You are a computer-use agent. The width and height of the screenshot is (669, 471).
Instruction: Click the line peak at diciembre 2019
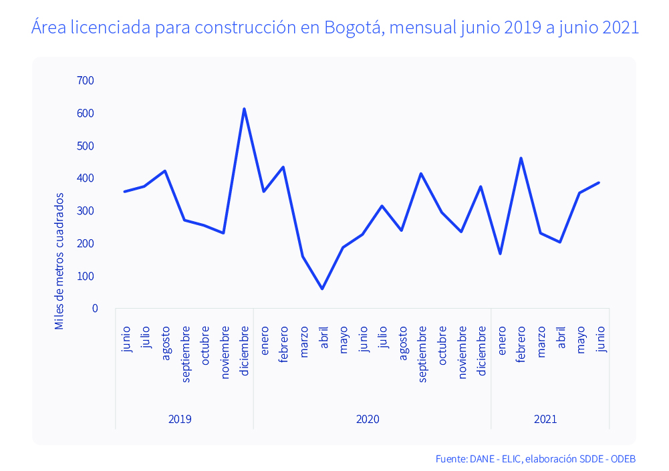pos(244,109)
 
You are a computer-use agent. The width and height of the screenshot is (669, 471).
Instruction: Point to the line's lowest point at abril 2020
pos(323,289)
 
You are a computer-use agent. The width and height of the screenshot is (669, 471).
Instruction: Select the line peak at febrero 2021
pos(521,158)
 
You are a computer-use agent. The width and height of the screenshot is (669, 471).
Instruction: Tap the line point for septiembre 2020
pos(421,174)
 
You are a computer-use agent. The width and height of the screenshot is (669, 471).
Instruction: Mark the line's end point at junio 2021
pos(599,182)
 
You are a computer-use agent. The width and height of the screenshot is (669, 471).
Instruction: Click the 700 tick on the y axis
pos(86,81)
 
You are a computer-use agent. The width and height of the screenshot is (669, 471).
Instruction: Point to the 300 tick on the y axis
pos(86,211)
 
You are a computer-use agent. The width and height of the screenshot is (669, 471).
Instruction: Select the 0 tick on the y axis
pos(95,309)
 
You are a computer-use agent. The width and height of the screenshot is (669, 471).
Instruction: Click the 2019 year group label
pos(180,420)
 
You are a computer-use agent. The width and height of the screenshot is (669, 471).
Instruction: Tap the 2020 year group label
pos(368,420)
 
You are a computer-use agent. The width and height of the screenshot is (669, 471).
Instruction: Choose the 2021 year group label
pos(545,420)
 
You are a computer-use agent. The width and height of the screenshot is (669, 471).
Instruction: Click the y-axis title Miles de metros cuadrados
pos(60,261)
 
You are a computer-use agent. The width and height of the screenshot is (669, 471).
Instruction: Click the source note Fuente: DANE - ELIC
pos(478,459)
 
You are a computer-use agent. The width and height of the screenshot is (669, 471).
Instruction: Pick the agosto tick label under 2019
pos(166,343)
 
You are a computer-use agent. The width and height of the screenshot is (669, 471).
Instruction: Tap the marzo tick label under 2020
pos(304,341)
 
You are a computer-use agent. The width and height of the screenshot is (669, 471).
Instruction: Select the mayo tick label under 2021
pos(580,340)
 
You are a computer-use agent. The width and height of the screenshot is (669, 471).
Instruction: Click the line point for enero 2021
pos(501,254)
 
